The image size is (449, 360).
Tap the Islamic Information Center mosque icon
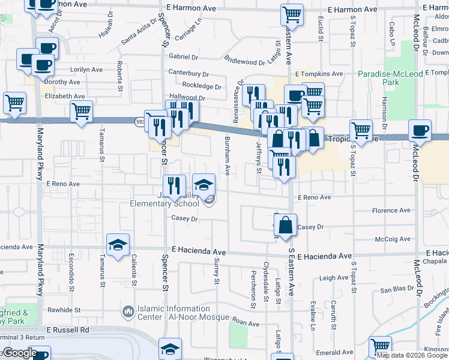pos(127,312)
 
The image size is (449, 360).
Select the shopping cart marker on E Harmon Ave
pos(292,14)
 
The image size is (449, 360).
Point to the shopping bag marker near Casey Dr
pos(286,224)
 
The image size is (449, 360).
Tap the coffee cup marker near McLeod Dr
pos(420,130)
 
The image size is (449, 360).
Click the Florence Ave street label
pos(391,211)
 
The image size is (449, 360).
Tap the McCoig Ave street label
pos(393,239)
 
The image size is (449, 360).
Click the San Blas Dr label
pos(394,290)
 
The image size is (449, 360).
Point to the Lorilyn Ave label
pos(87,69)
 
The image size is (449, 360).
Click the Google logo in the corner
pos(19,353)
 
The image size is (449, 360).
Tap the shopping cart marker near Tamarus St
pos(81,111)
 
